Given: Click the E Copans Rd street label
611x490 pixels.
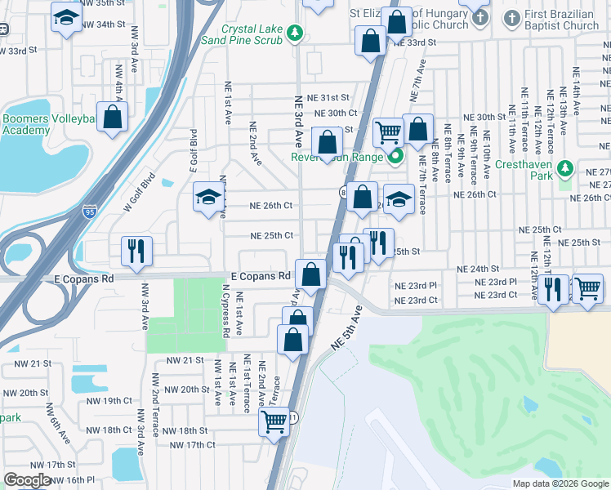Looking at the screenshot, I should click(261, 277).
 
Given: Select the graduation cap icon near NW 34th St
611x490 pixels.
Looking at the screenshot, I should click(66, 17).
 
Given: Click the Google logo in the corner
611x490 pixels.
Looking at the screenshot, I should click(28, 480).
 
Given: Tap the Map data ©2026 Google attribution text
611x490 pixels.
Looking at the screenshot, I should click(560, 483).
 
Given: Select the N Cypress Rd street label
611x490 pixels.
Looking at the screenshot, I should click(225, 310).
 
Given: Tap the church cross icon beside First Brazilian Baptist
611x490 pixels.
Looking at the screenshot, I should click(511, 17).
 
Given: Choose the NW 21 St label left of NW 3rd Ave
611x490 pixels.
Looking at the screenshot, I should click(29, 363).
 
